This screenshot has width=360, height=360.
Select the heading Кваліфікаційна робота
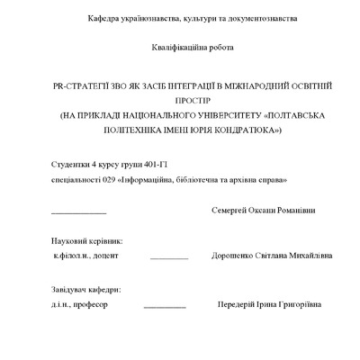tap(179, 48)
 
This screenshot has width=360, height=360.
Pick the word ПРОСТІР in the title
tap(180, 101)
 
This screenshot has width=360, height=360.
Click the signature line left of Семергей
tap(79, 212)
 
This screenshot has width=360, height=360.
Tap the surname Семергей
tap(229, 211)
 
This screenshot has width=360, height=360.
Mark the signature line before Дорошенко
tap(169, 258)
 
